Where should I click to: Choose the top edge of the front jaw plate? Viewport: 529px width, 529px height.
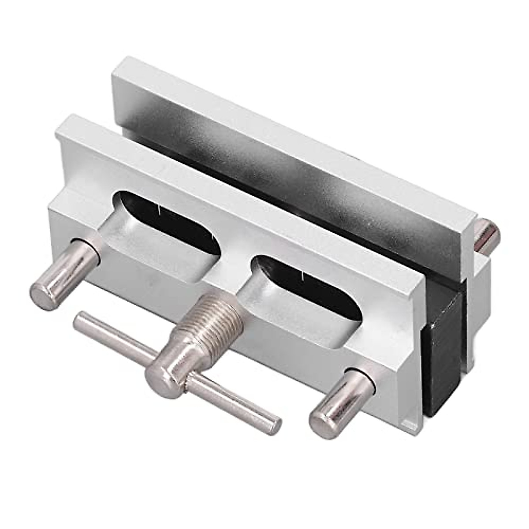pos(238,207)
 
